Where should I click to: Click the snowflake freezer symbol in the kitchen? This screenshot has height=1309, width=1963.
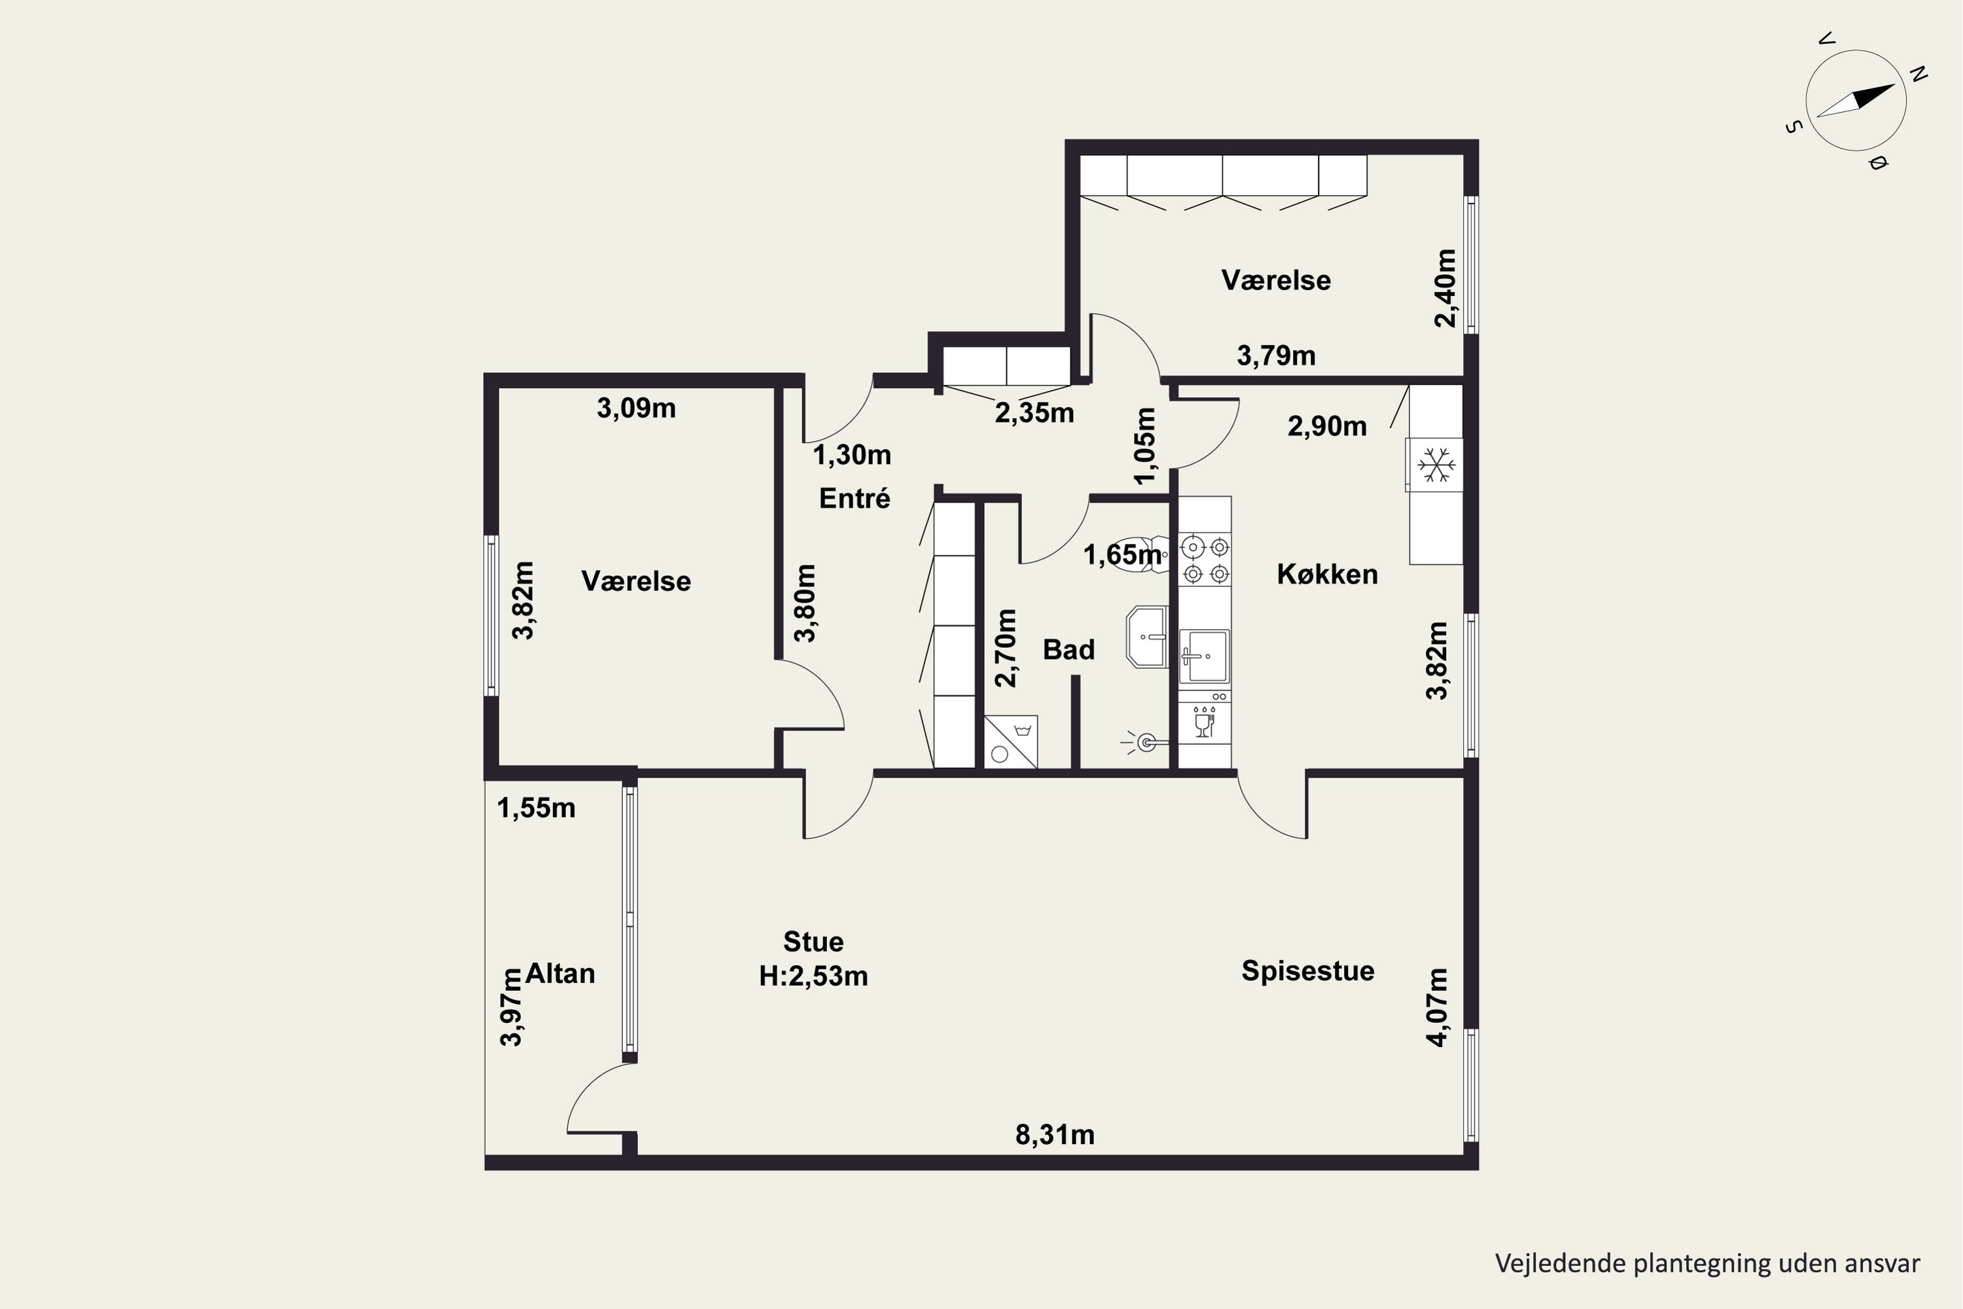coord(1436,464)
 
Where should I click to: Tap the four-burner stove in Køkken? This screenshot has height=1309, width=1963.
coord(1206,560)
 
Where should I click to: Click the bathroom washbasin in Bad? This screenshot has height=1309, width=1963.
coord(1147,637)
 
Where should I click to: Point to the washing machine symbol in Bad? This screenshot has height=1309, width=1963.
coord(1011,742)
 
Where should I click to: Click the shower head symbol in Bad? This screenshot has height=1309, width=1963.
coord(1142,742)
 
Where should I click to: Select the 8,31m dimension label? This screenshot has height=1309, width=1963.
coord(1055,1134)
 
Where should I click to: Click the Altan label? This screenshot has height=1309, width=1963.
coord(560,973)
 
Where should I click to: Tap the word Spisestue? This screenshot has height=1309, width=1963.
coord(1308,971)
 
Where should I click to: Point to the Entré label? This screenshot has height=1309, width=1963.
coord(855,498)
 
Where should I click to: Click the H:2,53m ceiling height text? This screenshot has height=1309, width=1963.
coord(814,976)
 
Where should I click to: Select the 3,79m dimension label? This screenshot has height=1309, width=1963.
coord(1276,355)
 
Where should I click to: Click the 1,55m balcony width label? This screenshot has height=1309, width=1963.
coord(536,808)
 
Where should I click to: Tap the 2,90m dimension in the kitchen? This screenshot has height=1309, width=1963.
coord(1327,427)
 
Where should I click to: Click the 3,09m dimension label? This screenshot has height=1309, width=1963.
coord(636,408)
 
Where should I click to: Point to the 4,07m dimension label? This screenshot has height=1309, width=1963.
coord(1437,1007)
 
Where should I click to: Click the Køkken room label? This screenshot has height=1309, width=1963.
coord(1327,575)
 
